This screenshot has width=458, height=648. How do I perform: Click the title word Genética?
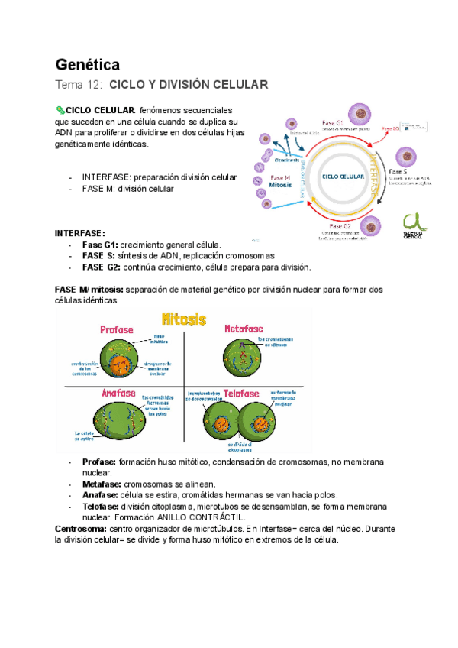(88, 63)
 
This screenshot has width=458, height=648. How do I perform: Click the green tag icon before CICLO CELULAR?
(61, 111)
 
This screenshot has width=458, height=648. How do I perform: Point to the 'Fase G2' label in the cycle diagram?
(340, 226)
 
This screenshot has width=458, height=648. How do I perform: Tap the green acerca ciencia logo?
(417, 225)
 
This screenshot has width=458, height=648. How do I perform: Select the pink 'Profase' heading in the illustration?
(117, 329)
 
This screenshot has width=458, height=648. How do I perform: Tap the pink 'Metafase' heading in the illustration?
(244, 329)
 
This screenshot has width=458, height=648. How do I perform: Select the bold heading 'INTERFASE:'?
(79, 233)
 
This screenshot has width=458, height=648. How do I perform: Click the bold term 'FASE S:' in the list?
(99, 255)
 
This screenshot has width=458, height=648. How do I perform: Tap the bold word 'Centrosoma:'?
(81, 529)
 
